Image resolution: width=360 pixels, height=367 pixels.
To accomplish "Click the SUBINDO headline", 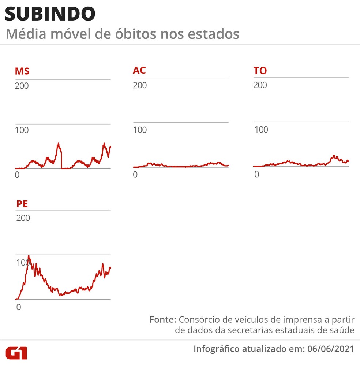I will [50, 14].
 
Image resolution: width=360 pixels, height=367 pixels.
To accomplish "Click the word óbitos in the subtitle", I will [125, 34].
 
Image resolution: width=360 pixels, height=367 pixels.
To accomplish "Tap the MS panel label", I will [22, 71].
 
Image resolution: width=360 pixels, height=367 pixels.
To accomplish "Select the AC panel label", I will [139, 70].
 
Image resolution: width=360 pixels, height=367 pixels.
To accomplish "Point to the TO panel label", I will [260, 71].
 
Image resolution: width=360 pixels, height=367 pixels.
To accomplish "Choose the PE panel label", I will [22, 203].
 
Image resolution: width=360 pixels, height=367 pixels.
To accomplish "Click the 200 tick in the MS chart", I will [22, 86].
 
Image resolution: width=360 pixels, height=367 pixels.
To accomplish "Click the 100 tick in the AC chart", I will [140, 130].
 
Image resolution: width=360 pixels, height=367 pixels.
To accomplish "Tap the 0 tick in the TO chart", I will [256, 174].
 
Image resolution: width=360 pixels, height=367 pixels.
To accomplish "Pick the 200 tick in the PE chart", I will [23, 218].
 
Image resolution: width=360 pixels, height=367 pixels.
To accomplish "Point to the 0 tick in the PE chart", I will [19, 307].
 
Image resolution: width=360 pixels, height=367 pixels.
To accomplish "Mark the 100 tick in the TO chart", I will [261, 130].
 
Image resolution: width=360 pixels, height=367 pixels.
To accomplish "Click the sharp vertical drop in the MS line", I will [61, 157].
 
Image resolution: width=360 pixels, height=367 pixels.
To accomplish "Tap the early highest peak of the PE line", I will [29, 256].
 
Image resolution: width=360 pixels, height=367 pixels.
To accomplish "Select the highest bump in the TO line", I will [334, 156].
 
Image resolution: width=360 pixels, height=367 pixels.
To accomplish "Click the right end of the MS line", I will [110, 147].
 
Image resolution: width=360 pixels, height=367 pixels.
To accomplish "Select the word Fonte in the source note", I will [162, 319].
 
